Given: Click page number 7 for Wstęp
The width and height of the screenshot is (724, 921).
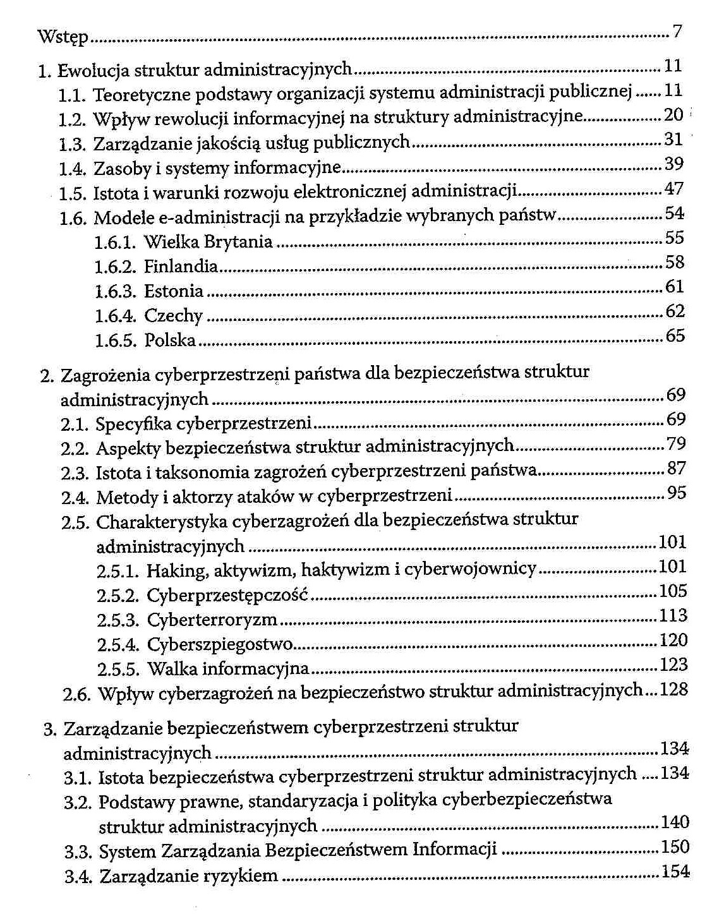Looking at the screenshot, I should [x=677, y=31].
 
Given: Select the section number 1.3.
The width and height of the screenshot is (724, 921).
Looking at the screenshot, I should [x=71, y=145].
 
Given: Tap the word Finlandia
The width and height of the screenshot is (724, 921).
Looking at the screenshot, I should [x=181, y=267].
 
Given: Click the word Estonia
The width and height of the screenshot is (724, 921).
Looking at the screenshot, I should [x=174, y=291].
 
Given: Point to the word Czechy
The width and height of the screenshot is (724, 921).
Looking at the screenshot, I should [x=173, y=316].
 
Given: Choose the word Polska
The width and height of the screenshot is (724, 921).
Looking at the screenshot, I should [x=170, y=340].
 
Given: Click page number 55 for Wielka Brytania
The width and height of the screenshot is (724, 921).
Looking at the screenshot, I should [x=674, y=238].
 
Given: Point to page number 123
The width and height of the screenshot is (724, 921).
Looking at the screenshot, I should [x=673, y=665].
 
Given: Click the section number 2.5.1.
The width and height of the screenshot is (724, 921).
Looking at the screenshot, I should [x=118, y=571].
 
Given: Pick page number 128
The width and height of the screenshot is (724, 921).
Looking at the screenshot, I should [x=673, y=689].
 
